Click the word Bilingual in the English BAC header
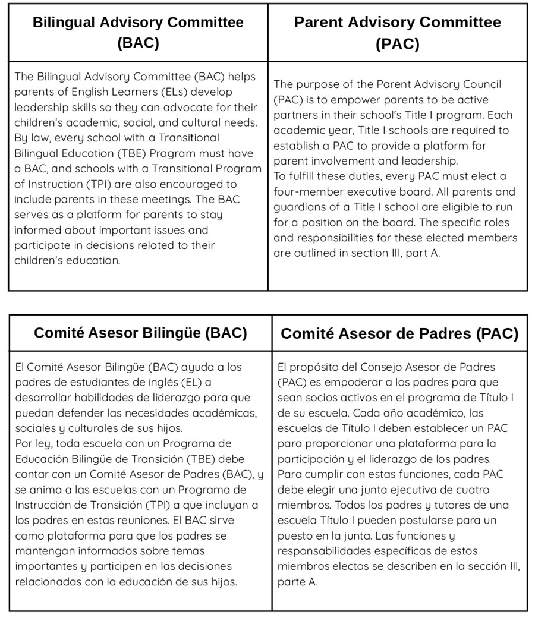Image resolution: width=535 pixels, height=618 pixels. (x=64, y=23)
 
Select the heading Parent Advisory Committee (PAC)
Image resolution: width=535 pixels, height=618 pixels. (x=397, y=33)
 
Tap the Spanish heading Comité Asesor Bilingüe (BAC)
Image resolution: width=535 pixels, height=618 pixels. (x=140, y=333)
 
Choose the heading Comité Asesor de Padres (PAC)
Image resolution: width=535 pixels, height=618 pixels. (x=399, y=333)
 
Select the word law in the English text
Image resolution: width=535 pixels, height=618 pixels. (x=39, y=138)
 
